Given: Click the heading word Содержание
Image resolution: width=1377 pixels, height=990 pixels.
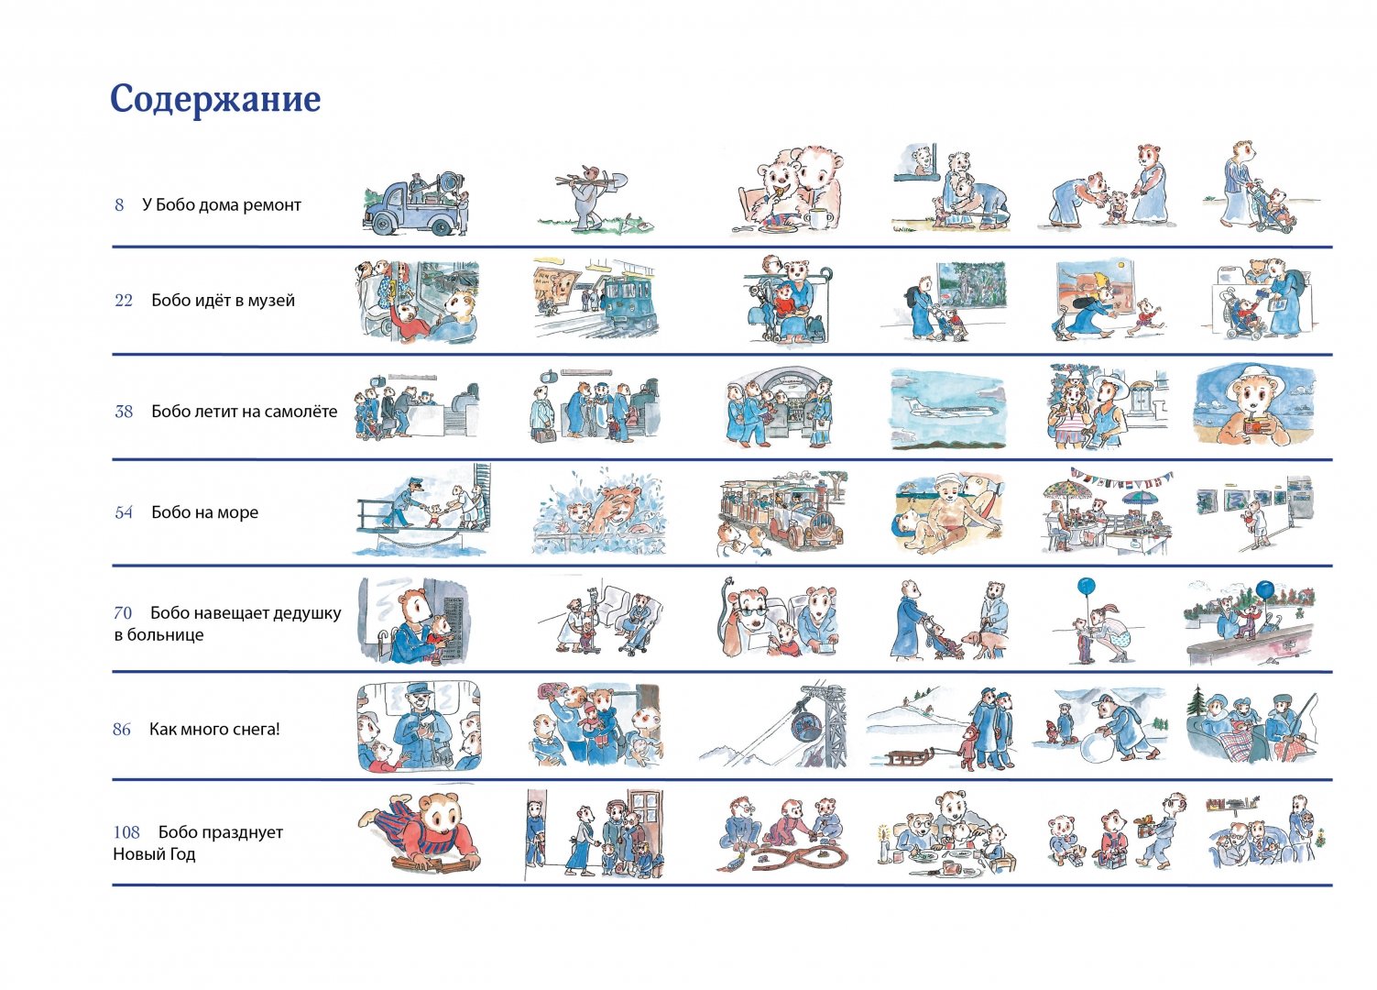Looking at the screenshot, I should [215, 98].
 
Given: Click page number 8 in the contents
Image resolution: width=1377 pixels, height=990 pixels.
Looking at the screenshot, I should [119, 205].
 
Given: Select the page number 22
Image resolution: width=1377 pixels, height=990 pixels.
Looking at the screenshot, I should [124, 301].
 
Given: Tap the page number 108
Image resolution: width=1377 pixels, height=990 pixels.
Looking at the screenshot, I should [126, 832].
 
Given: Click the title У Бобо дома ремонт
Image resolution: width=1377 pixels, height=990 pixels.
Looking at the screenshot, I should [222, 205].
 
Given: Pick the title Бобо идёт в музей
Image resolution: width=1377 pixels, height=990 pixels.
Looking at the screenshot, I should [223, 301].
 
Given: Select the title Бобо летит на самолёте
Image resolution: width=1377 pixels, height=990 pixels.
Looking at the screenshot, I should [244, 412].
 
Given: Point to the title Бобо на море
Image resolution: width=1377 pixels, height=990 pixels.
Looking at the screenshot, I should [204, 512].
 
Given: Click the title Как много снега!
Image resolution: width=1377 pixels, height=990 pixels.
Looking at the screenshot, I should [214, 730].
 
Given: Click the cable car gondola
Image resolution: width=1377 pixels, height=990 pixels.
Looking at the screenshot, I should [806, 723].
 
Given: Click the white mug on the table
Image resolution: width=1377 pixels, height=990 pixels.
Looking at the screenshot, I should [817, 218].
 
